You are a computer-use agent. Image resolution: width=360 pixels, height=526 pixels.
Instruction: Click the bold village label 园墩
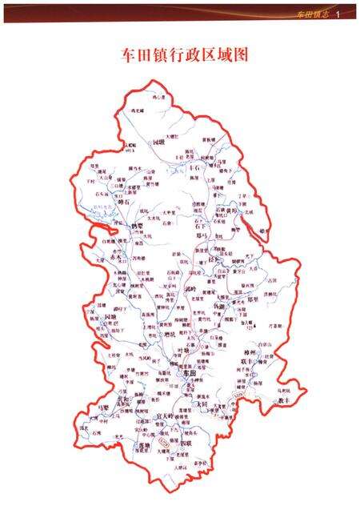(x=158, y=141)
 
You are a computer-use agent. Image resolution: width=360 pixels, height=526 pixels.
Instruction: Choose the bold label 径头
(x=213, y=261)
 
